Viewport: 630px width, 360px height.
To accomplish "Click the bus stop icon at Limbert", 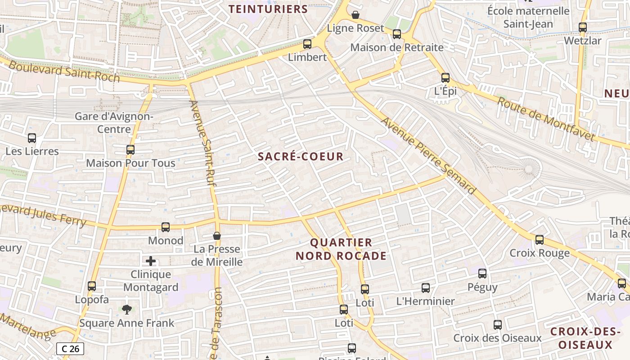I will pyautogui.click(x=307, y=44).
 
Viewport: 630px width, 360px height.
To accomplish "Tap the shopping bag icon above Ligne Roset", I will pyautogui.click(x=355, y=15).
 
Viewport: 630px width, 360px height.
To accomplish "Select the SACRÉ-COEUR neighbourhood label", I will pyautogui.click(x=301, y=157).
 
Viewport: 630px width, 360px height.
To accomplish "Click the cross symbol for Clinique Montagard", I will pyautogui.click(x=151, y=261).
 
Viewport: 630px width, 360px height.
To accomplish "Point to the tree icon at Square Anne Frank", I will pyautogui.click(x=127, y=309).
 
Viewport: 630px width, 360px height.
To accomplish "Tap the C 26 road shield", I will pyautogui.click(x=70, y=348).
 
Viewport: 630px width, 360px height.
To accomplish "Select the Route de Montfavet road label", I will pyautogui.click(x=545, y=119).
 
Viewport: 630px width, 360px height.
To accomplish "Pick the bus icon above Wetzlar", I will pyautogui.click(x=583, y=27).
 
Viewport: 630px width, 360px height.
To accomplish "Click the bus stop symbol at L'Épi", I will pyautogui.click(x=445, y=78).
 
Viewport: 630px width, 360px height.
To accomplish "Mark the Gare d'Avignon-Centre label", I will pyautogui.click(x=114, y=123).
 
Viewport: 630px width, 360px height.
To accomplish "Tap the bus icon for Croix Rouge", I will pyautogui.click(x=540, y=240).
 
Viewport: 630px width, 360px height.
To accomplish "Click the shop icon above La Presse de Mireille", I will pyautogui.click(x=217, y=236).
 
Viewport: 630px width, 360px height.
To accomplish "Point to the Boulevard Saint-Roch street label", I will pyautogui.click(x=64, y=72).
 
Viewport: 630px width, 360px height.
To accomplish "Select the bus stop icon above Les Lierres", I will pyautogui.click(x=32, y=138).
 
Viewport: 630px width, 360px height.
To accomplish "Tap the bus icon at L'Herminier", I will pyautogui.click(x=426, y=288).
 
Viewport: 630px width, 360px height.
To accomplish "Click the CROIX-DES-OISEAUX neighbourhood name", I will pyautogui.click(x=583, y=338).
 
